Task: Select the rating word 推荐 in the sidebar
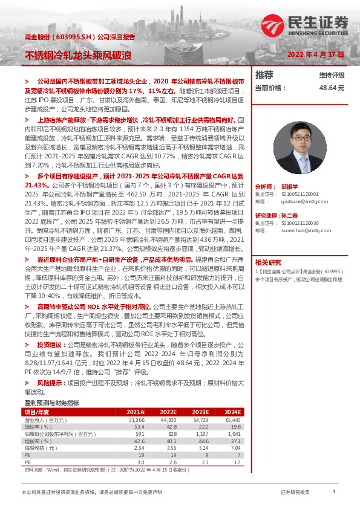[264, 75]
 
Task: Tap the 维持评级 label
[332, 76]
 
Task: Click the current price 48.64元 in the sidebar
[332, 88]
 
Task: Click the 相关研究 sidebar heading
[268, 245]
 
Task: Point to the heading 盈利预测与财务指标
[52, 403]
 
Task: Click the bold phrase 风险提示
[50, 383]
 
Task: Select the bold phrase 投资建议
[50, 344]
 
